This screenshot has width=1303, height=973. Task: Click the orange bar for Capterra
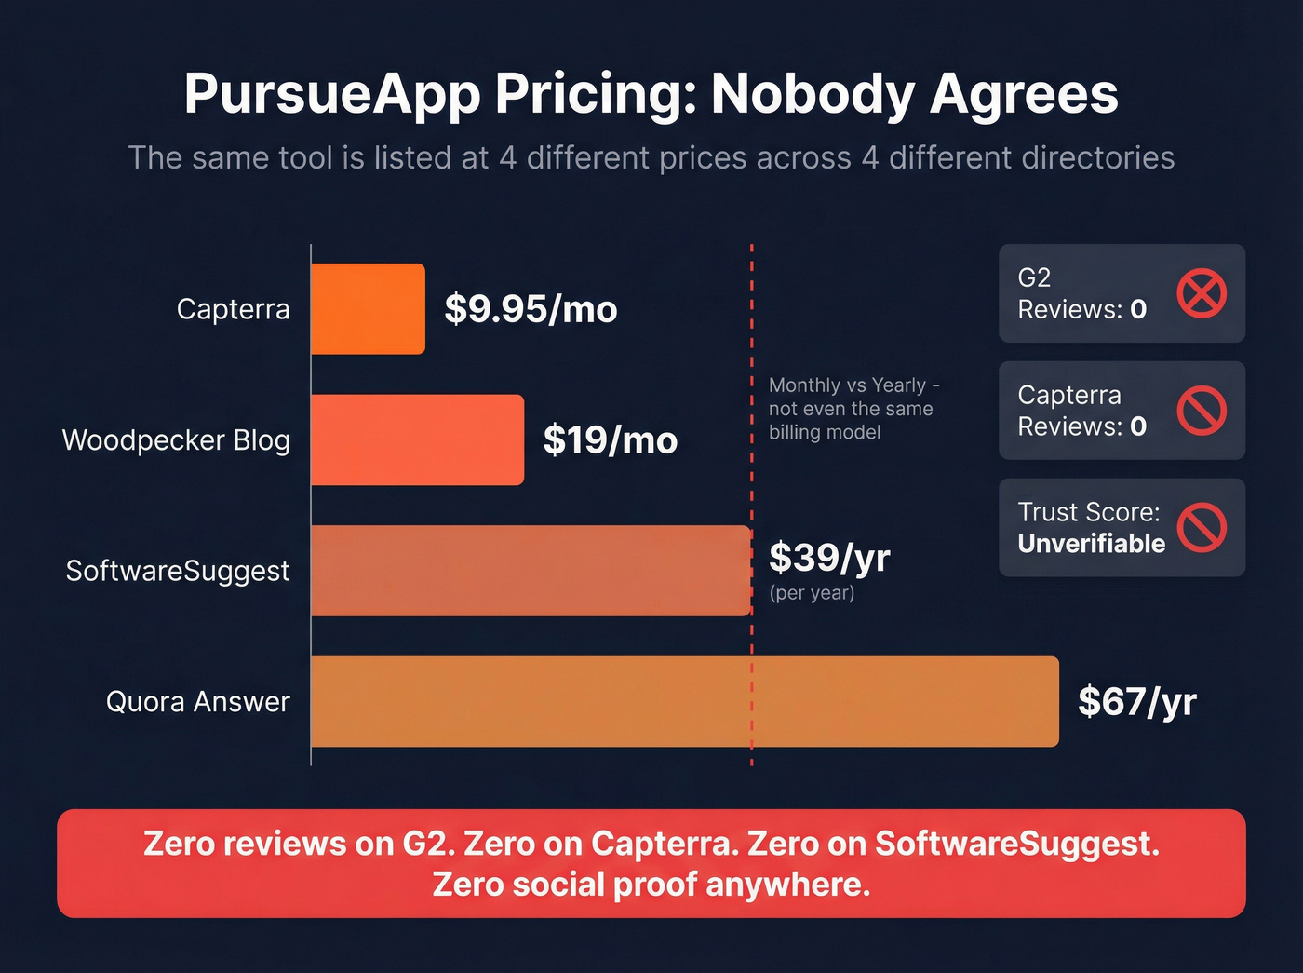pos(368,309)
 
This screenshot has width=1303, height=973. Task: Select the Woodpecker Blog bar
pos(417,439)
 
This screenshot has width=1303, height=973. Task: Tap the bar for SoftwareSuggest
pos(531,571)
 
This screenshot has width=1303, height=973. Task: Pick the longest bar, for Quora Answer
pos(684,701)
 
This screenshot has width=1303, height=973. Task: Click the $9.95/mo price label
pos(531,309)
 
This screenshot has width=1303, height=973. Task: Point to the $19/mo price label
pos(611,439)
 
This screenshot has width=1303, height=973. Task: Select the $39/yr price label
pos(829,558)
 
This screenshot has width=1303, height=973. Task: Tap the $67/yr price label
pos(1136,701)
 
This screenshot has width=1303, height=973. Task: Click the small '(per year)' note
pos(812,593)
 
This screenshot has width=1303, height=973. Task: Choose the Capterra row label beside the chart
pos(234,309)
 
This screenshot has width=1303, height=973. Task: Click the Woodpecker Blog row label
pos(176,439)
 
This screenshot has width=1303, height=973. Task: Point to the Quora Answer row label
pos(198,701)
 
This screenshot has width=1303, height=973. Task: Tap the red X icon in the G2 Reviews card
pos(1202,293)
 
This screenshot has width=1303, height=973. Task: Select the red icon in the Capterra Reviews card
pos(1202,411)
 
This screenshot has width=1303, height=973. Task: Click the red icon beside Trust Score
pos(1202,528)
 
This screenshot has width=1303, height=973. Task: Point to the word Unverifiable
pos(1091,544)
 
